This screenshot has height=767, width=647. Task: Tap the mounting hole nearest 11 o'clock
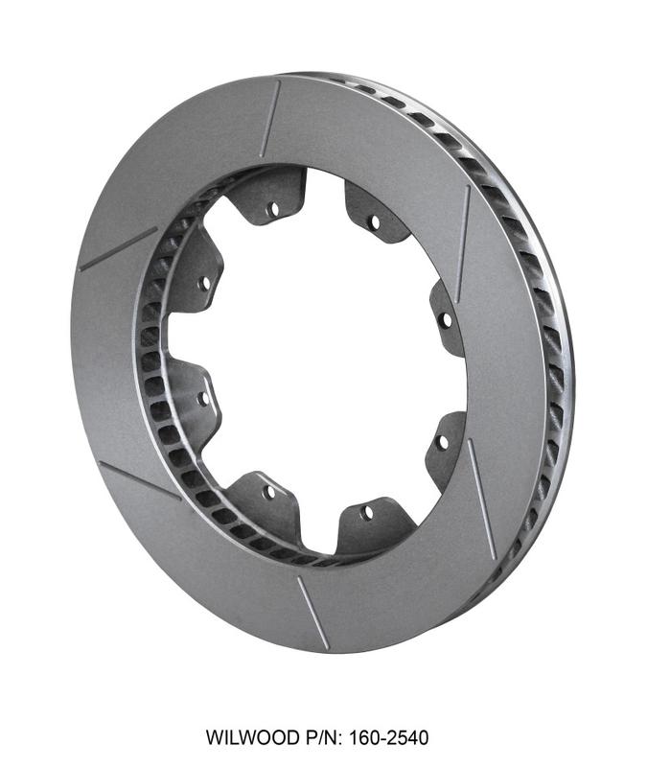tap(272, 207)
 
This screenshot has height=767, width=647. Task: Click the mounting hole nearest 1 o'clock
tap(374, 221)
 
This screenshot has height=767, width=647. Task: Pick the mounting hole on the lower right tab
tap(441, 443)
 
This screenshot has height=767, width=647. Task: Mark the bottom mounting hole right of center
tap(367, 512)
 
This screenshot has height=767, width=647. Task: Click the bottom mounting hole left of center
tap(268, 492)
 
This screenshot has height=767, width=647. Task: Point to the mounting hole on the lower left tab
tap(203, 396)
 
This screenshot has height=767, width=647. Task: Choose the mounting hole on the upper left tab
tap(204, 284)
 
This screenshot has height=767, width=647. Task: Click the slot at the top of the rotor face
tap(269, 118)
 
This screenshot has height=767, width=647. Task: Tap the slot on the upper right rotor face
tap(464, 230)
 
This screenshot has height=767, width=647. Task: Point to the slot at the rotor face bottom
tap(312, 612)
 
